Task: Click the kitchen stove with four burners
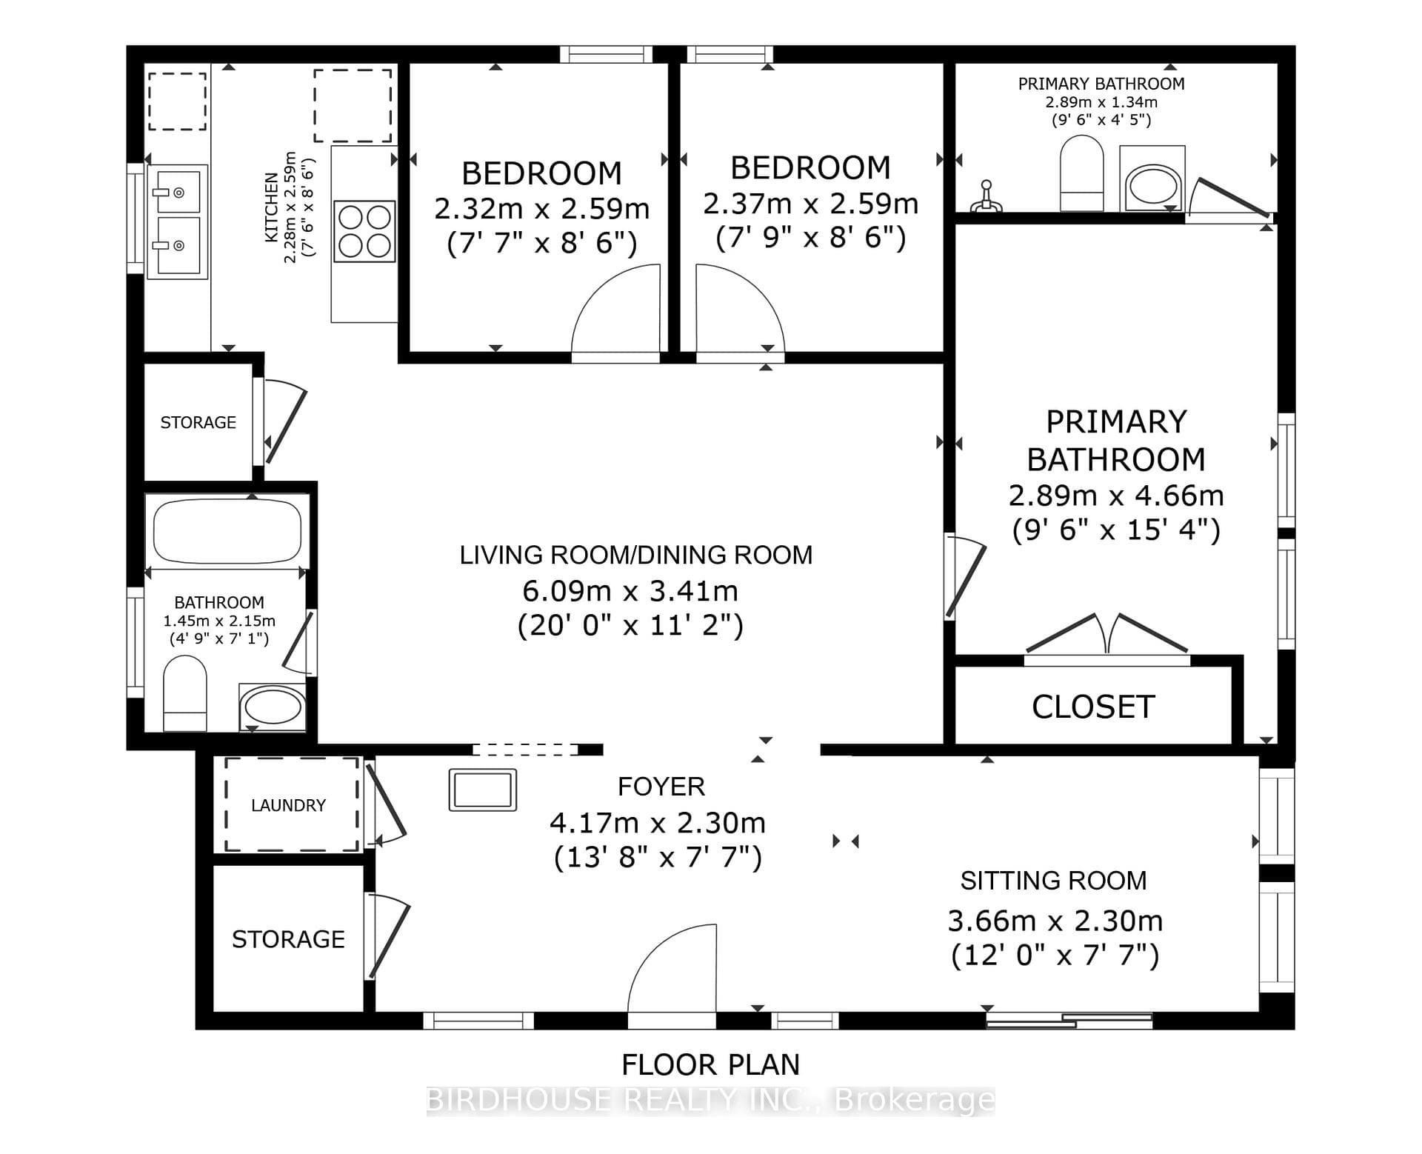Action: [364, 231]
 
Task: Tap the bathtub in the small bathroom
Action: [227, 530]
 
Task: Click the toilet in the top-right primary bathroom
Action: [1082, 173]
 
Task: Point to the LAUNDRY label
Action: [288, 805]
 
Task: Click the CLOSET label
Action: [1093, 707]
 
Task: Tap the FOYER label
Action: [661, 786]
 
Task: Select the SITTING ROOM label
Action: [1053, 880]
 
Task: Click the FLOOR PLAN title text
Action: [710, 1064]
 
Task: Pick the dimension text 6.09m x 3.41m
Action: [630, 591]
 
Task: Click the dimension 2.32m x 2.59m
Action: [541, 209]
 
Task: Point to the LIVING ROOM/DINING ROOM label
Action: [635, 555]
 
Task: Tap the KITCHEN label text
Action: [272, 207]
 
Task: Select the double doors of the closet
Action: [1107, 634]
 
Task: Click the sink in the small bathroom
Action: [272, 707]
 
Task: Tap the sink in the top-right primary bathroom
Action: [1152, 179]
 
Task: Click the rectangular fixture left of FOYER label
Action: [483, 790]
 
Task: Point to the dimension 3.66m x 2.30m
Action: [1055, 921]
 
